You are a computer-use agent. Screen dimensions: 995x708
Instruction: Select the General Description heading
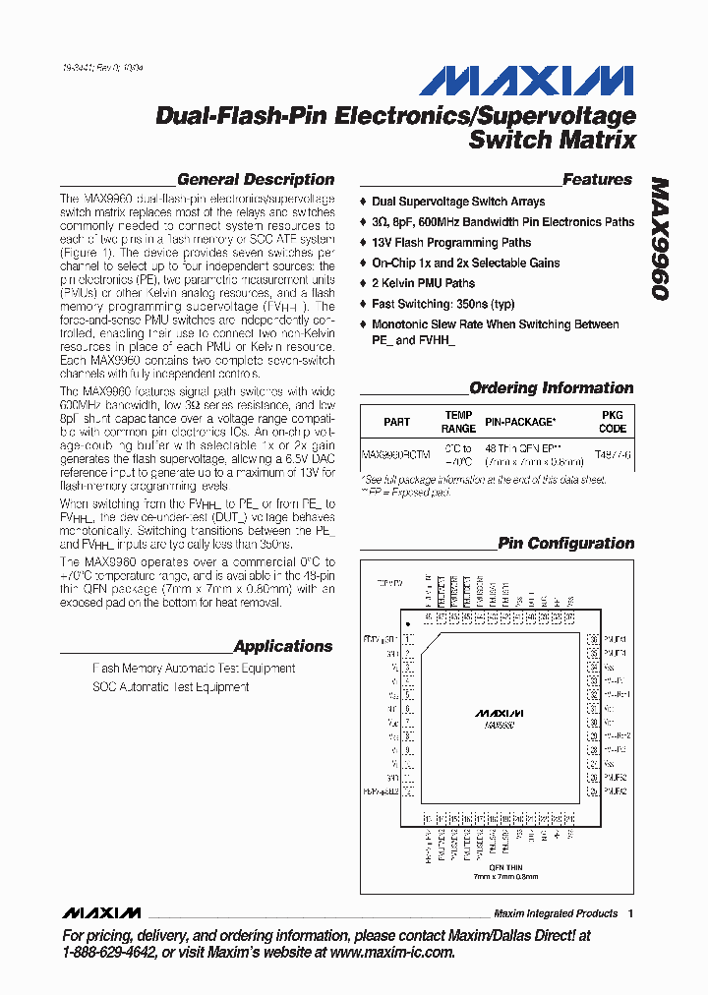255,180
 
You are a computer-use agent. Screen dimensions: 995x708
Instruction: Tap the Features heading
597,180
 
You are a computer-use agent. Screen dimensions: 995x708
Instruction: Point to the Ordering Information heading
551,388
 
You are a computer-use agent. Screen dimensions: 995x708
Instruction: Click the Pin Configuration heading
565,544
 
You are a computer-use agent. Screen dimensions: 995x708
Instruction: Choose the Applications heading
283,647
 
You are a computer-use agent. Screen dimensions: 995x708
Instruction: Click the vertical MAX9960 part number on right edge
659,239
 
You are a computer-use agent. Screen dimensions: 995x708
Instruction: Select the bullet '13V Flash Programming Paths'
450,243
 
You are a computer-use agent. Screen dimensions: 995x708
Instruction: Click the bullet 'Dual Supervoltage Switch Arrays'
457,202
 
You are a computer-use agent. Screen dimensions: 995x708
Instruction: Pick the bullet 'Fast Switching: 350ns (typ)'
442,304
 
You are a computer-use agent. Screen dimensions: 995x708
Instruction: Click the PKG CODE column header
612,422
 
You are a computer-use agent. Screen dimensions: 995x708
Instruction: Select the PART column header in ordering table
397,422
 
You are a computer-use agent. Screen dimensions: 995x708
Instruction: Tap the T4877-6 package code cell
613,455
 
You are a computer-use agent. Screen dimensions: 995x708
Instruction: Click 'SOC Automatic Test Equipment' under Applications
170,687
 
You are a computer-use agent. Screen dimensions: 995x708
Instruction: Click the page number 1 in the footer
630,913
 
